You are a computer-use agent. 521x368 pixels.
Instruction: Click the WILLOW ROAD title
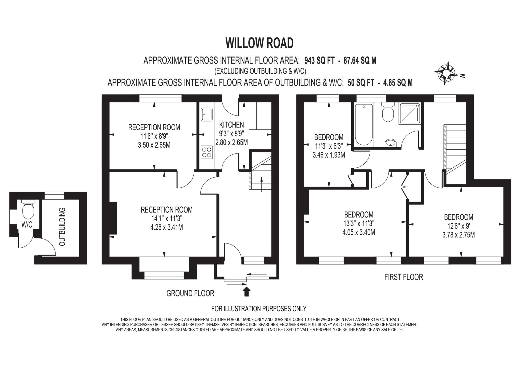(259, 43)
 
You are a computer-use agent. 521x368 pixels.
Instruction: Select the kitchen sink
(206, 115)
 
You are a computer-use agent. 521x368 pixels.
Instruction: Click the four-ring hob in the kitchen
(206, 152)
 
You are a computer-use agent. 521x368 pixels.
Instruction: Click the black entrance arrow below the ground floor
(247, 292)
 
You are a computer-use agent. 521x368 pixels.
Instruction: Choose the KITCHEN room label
(231, 125)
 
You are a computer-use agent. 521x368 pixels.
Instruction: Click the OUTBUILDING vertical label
(62, 227)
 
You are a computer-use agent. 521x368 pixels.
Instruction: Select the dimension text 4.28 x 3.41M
(166, 227)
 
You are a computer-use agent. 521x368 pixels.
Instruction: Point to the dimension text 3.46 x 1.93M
(329, 155)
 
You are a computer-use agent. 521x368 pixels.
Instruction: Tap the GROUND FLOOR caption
(190, 293)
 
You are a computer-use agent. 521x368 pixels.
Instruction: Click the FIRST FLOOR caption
(403, 277)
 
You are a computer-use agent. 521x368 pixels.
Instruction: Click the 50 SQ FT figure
(361, 83)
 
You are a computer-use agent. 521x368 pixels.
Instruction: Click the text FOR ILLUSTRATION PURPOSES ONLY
(259, 309)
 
